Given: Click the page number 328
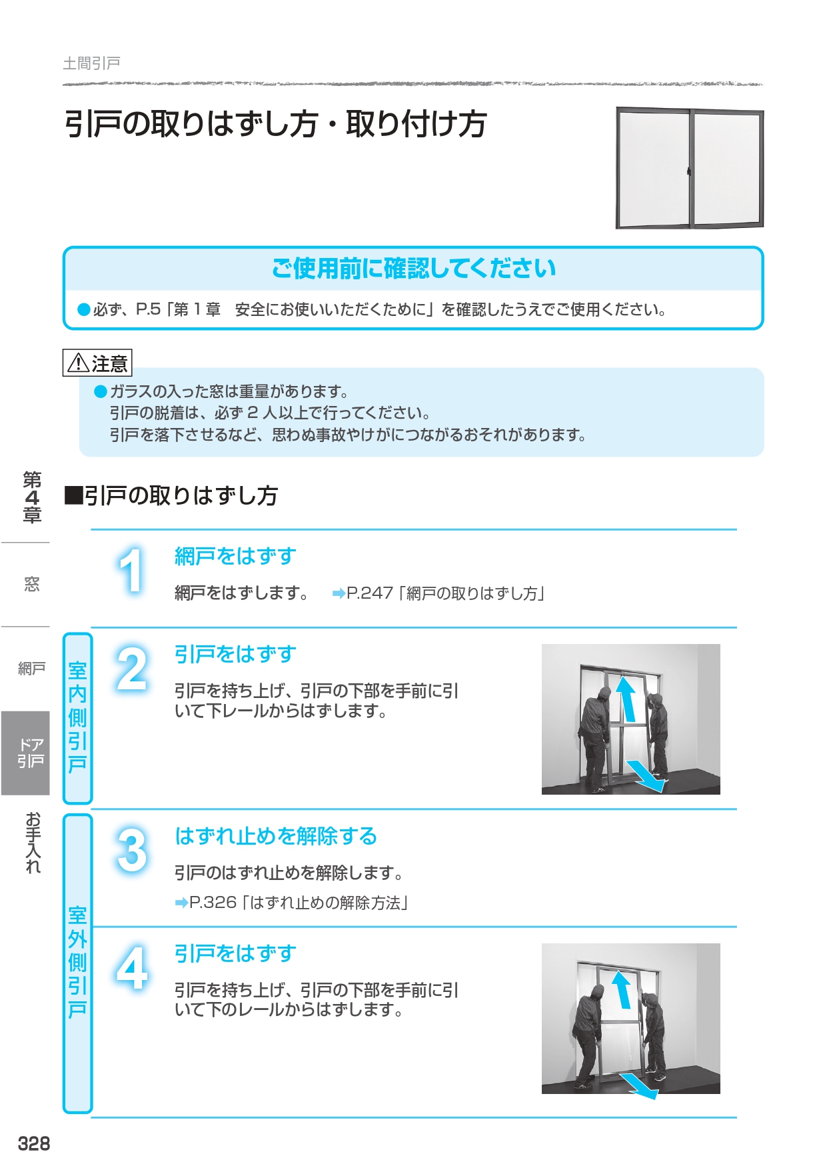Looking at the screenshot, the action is pyautogui.click(x=34, y=1144).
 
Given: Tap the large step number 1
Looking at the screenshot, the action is pyautogui.click(x=131, y=570).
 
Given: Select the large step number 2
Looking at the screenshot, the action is pyautogui.click(x=132, y=669).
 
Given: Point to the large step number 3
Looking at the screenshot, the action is pyautogui.click(x=132, y=850).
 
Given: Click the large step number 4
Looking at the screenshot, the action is pyautogui.click(x=132, y=967).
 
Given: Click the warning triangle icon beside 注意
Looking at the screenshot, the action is pyautogui.click(x=78, y=363).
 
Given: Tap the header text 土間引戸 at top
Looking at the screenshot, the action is pyautogui.click(x=91, y=63).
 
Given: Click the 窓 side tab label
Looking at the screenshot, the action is pyautogui.click(x=31, y=585).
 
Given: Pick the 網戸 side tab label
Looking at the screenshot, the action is pyautogui.click(x=31, y=669).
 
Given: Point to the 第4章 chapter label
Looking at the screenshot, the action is pyautogui.click(x=32, y=497).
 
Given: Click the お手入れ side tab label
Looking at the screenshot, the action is pyautogui.click(x=33, y=842).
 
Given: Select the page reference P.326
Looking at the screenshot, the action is pyautogui.click(x=213, y=903).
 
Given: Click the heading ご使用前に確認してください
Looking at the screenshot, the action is pyautogui.click(x=414, y=269).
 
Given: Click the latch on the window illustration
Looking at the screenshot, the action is pyautogui.click(x=688, y=171).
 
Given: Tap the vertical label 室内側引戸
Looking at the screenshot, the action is pyautogui.click(x=77, y=717).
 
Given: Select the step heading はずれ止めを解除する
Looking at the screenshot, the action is pyautogui.click(x=276, y=836).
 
